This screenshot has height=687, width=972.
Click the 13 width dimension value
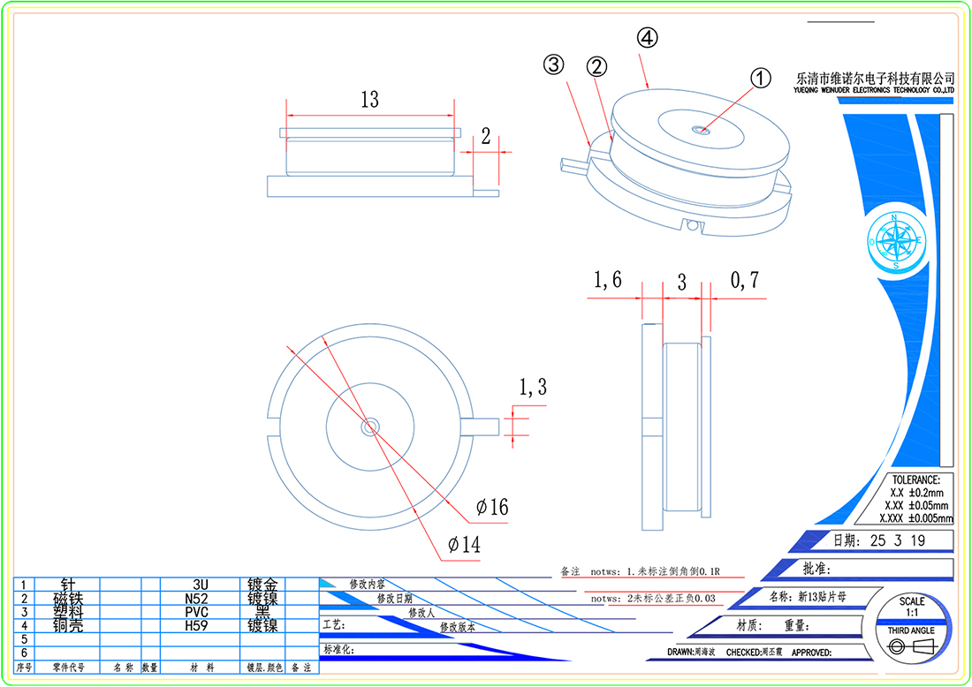tap(369, 99)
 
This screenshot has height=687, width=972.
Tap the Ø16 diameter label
tap(492, 507)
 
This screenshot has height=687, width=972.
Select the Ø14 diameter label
tap(464, 545)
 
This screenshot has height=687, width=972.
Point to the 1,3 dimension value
tap(532, 386)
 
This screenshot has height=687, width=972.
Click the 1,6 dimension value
tap(607, 281)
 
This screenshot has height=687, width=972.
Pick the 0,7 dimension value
tap(744, 281)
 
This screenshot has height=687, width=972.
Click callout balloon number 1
tap(761, 78)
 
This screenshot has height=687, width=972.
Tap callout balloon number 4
tap(648, 38)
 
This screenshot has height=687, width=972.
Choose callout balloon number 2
tap(597, 66)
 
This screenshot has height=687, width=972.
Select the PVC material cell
tap(196, 612)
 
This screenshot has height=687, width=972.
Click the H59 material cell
tap(196, 625)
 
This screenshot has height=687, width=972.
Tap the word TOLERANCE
tap(916, 479)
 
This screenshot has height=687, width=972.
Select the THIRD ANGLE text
tap(911, 630)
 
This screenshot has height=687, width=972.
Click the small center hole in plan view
tap(368, 427)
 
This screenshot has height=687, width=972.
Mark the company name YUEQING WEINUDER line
tap(876, 90)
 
